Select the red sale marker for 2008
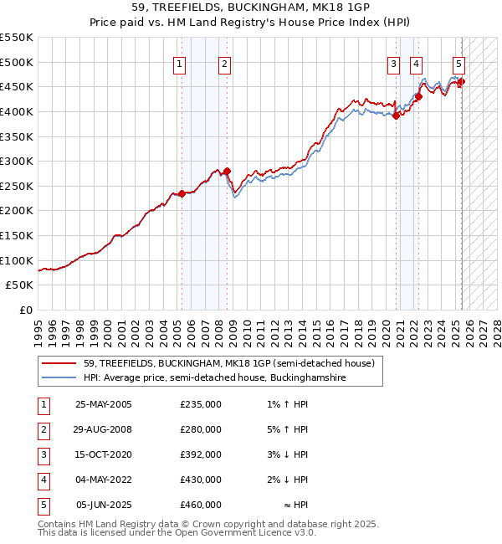point(227,171)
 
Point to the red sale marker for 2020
point(397,116)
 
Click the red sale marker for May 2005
point(182,193)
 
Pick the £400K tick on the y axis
point(18,111)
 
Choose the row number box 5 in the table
point(43,505)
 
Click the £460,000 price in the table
point(200,505)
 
